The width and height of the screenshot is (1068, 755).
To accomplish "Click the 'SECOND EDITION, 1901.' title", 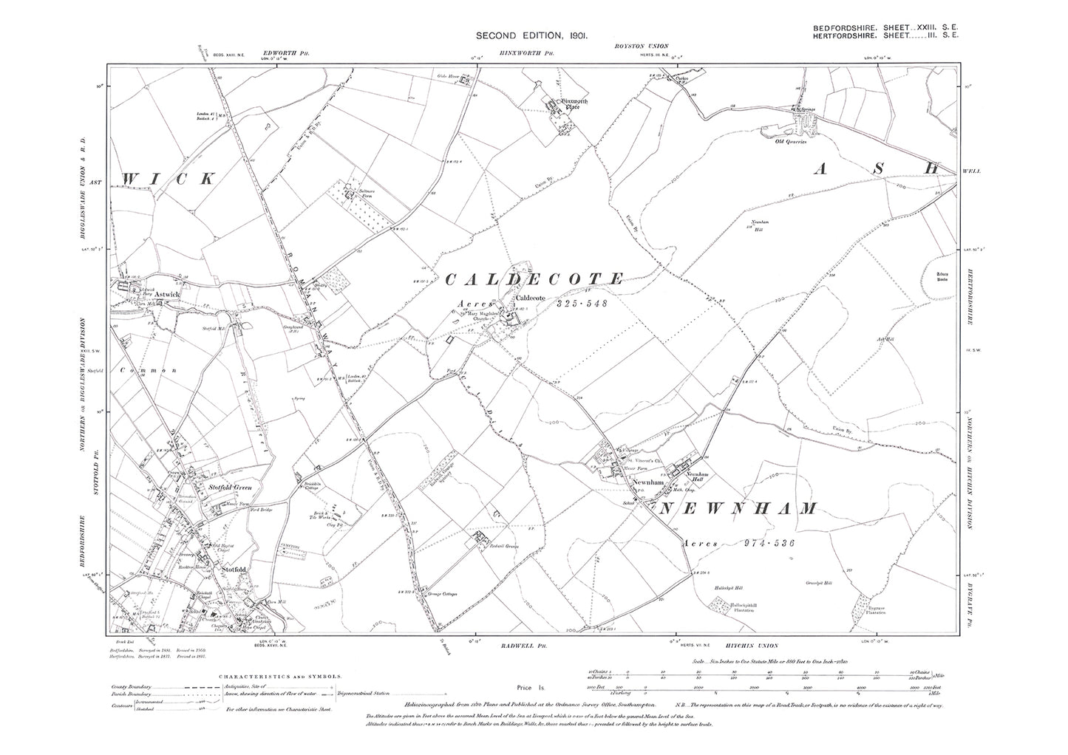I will click(x=531, y=35).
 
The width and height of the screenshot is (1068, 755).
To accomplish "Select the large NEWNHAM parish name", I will click(x=738, y=508).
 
